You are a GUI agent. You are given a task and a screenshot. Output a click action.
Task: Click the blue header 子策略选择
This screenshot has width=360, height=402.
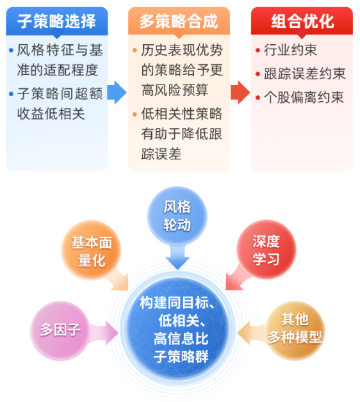tap(57, 21)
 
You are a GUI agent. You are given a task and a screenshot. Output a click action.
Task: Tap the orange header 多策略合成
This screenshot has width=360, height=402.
tap(179, 21)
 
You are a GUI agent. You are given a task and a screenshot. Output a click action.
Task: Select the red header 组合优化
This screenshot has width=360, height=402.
tap(302, 21)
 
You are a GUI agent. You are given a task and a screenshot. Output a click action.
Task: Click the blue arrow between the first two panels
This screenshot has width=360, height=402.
tap(117, 93)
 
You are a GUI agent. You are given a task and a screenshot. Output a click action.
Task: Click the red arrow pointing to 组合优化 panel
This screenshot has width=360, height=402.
tap(240, 93)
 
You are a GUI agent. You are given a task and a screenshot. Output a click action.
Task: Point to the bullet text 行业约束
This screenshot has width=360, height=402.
tap(290, 50)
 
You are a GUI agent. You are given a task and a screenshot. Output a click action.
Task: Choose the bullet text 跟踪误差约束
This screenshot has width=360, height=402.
tap(305, 74)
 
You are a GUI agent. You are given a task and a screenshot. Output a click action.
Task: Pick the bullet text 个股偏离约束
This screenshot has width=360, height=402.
tap(304, 97)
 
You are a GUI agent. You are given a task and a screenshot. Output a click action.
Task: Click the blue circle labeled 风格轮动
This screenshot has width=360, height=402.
tap(177, 216)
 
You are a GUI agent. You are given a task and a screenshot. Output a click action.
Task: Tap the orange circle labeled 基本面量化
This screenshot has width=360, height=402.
tap(92, 250)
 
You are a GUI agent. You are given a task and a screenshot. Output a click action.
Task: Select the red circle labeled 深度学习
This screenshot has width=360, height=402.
tap(266, 250)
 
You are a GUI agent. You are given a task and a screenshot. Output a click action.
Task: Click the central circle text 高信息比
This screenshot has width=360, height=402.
tap(181, 339)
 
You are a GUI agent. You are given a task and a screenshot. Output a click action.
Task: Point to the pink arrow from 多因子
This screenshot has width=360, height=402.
tap(104, 333)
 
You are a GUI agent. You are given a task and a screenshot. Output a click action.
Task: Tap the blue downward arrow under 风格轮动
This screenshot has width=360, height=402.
tap(177, 257)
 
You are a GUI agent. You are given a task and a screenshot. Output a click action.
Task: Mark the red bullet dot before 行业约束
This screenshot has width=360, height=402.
tap(258, 50)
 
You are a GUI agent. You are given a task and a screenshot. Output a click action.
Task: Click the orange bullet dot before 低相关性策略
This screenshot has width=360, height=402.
tap(135, 114)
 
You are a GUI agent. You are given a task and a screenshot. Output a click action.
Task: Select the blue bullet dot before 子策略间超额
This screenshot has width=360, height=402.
tap(11, 94)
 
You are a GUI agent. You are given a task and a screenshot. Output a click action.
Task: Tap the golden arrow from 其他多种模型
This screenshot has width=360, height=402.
tap(252, 333)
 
